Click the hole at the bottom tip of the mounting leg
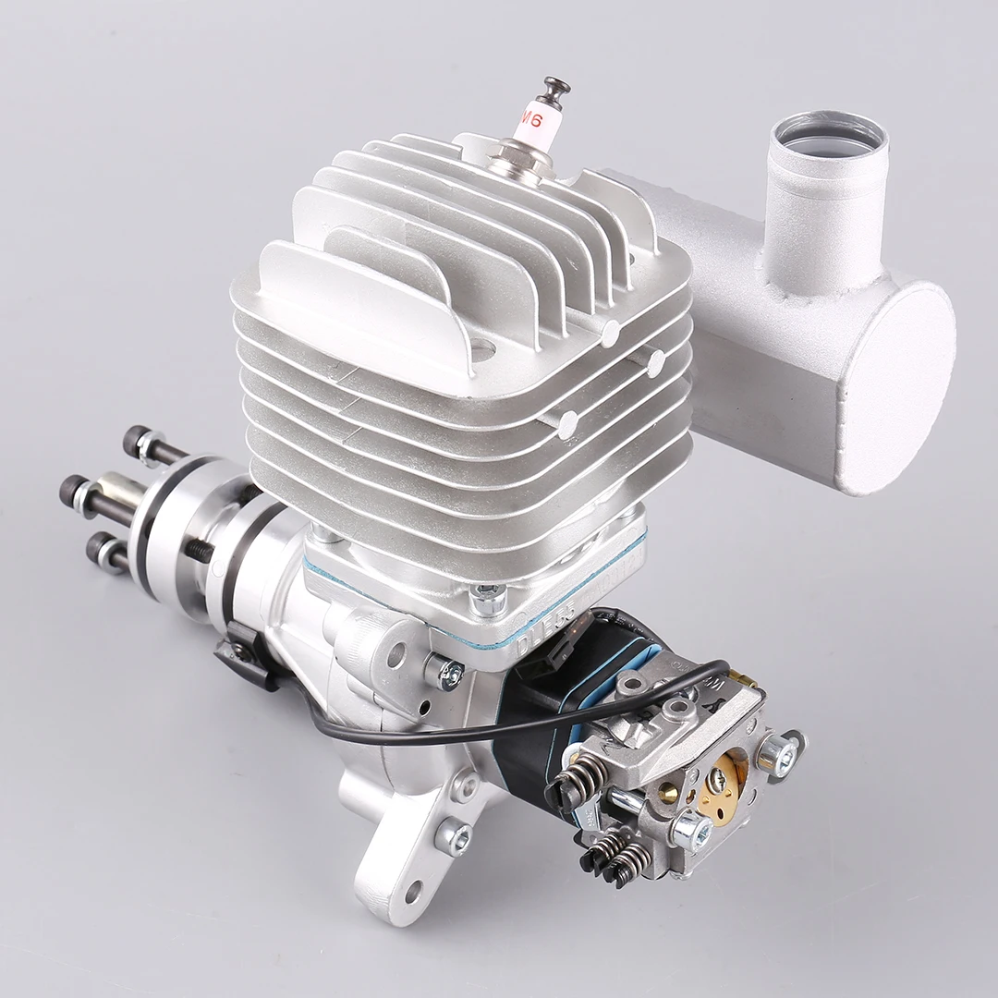pos(412,893)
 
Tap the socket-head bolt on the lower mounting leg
pos(453,835)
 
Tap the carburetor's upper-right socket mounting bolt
pos(780,750)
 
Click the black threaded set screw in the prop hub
pos(200,549)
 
